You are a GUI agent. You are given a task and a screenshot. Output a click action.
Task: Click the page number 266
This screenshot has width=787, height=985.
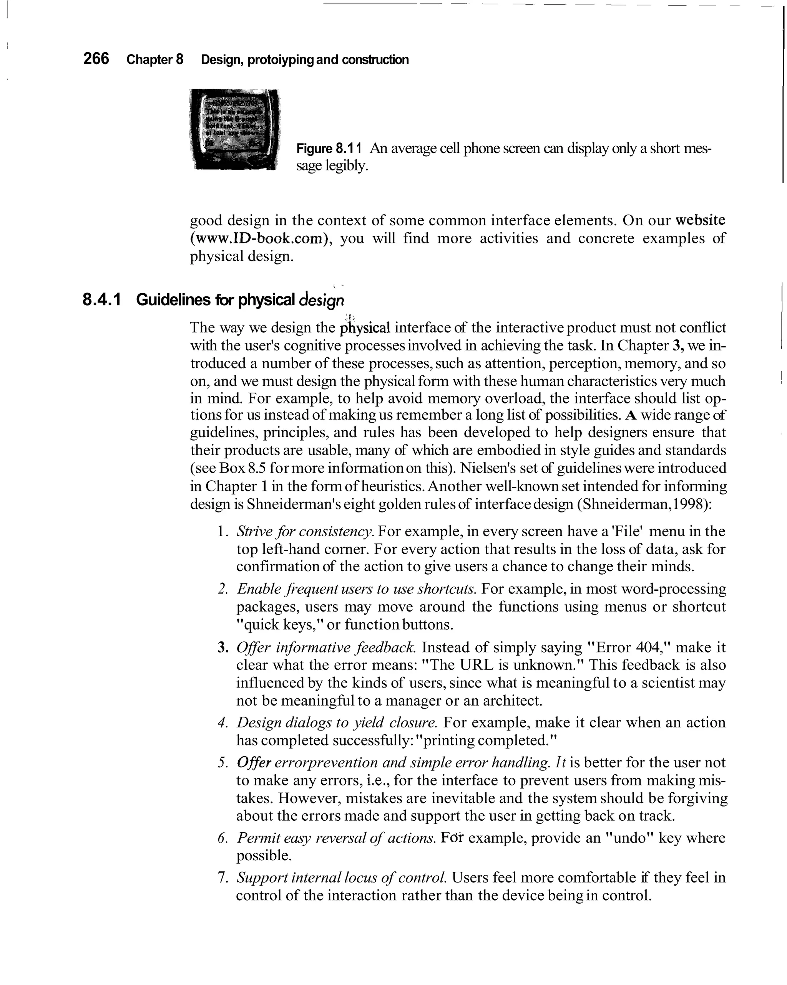point(96,59)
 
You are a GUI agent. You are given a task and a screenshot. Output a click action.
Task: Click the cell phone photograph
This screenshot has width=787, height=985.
point(234,129)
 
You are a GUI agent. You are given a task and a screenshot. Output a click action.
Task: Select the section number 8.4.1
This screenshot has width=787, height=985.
point(102,300)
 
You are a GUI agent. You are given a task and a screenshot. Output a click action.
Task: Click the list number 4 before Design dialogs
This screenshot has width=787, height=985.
point(223,723)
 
